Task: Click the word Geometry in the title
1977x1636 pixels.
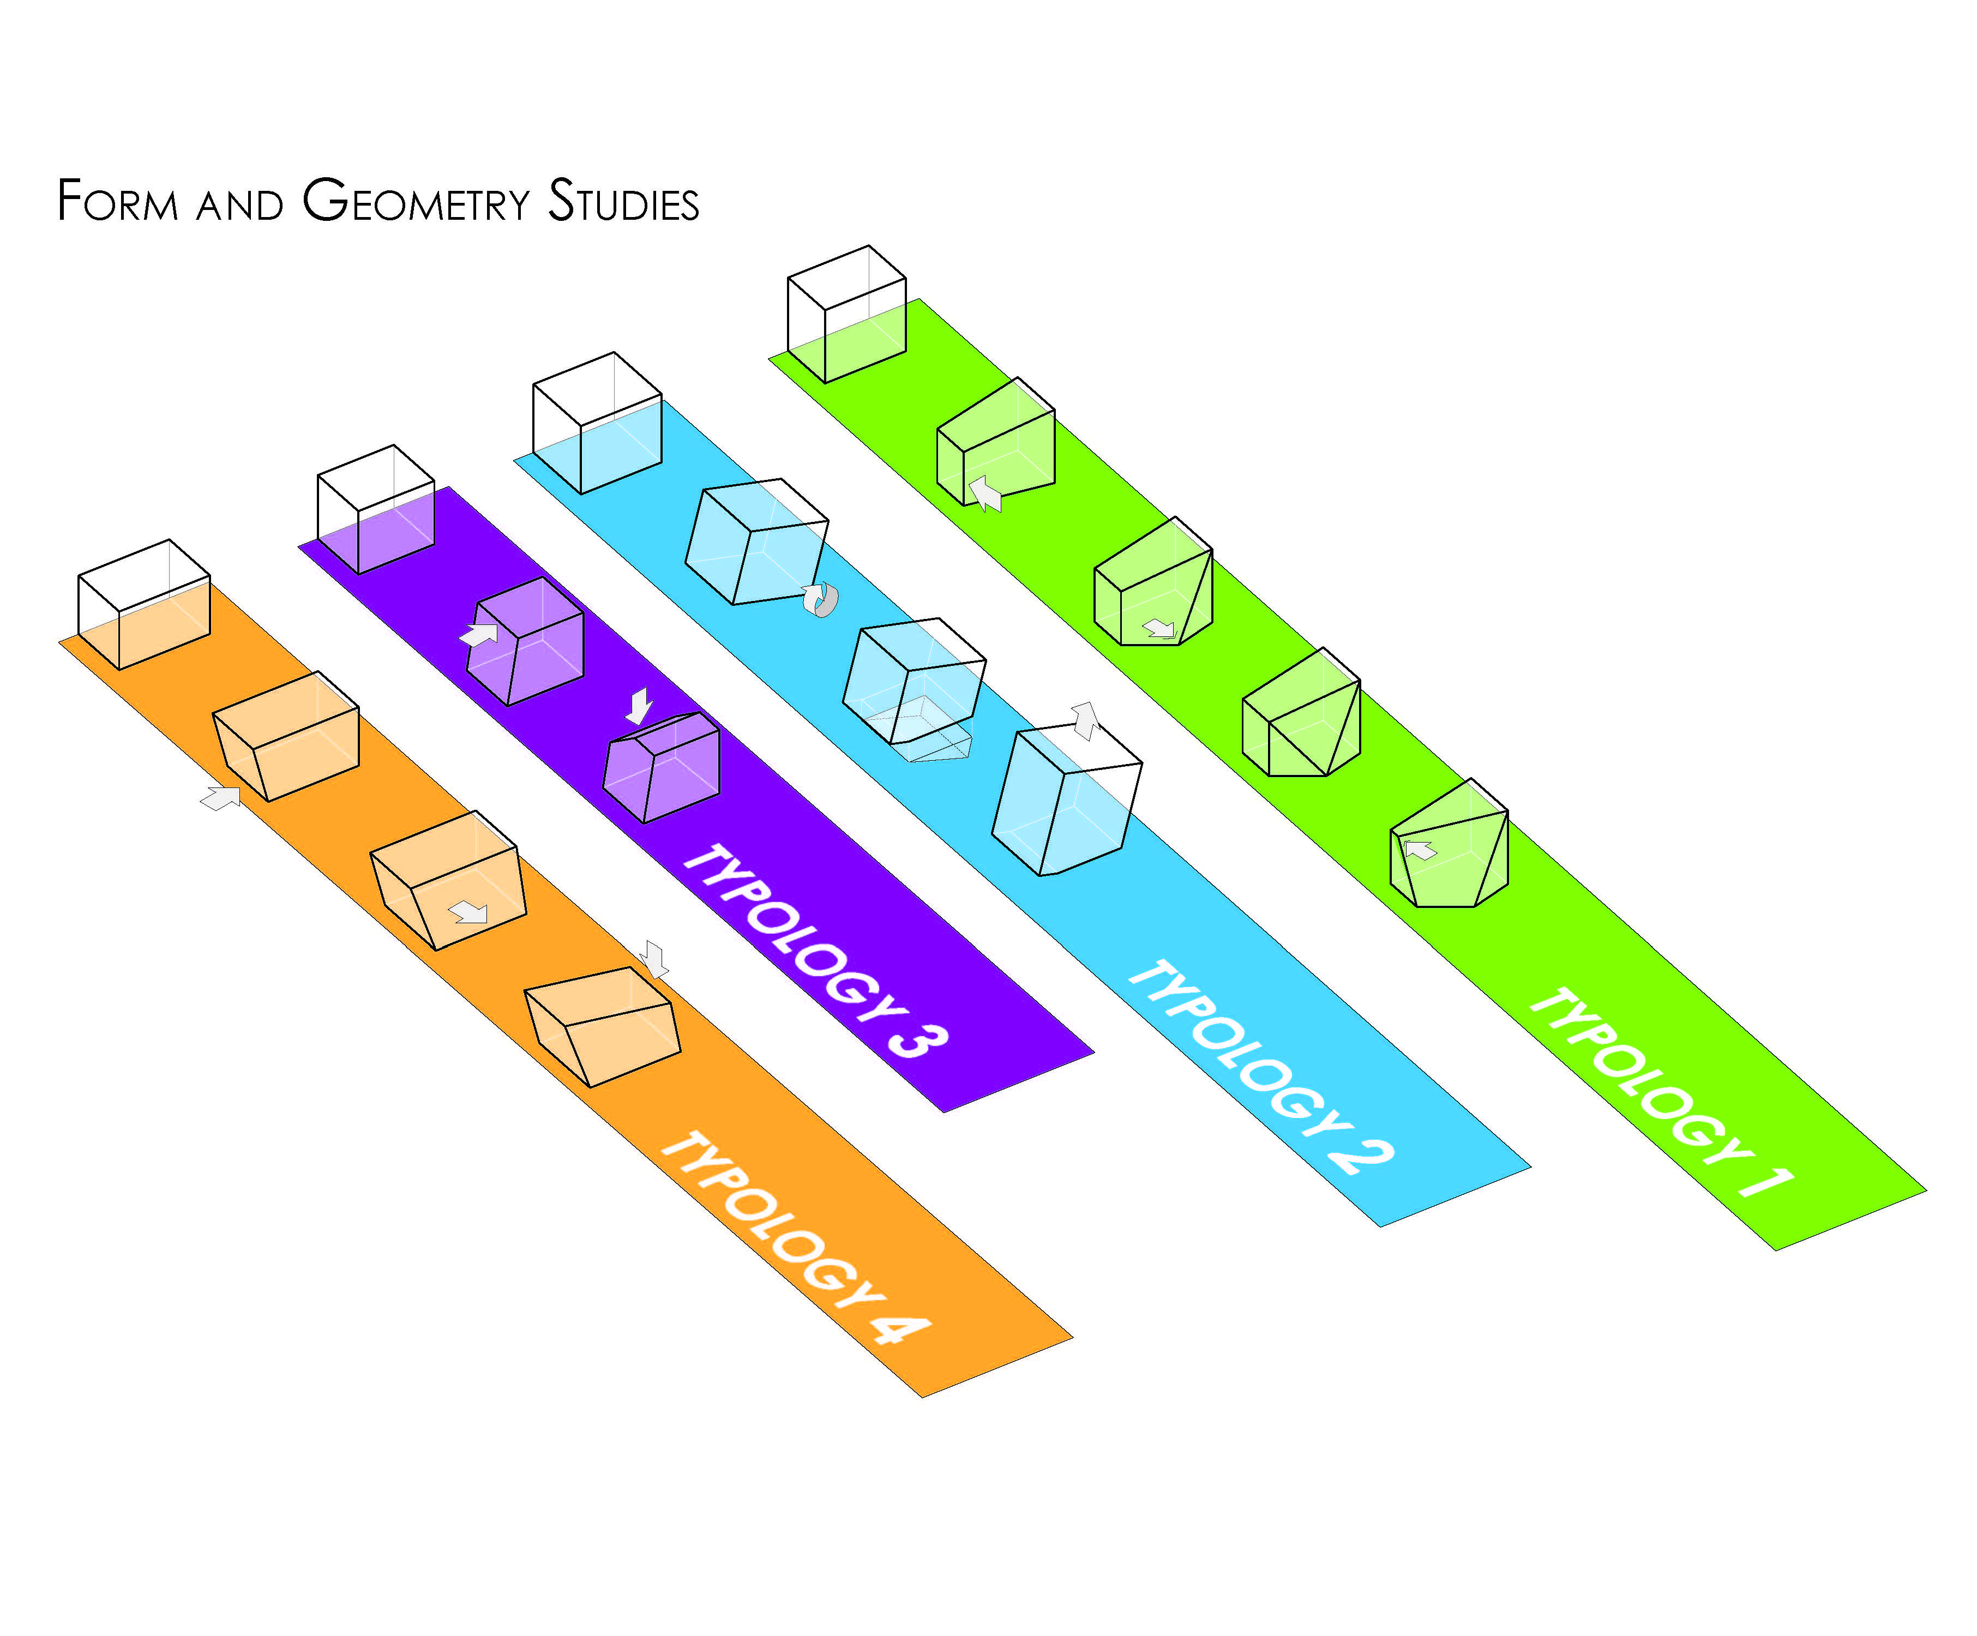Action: [x=416, y=201]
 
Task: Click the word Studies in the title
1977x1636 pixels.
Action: [x=623, y=201]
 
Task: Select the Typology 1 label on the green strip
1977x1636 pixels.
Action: [x=1662, y=1092]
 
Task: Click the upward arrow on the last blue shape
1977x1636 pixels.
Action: [x=1086, y=719]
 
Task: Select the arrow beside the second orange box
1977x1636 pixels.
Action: [x=221, y=798]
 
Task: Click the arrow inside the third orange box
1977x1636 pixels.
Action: [x=469, y=911]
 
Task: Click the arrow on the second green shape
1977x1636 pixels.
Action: [x=986, y=493]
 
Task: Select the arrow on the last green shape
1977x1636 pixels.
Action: [x=1421, y=850]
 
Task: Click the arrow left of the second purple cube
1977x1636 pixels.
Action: [x=479, y=635]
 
